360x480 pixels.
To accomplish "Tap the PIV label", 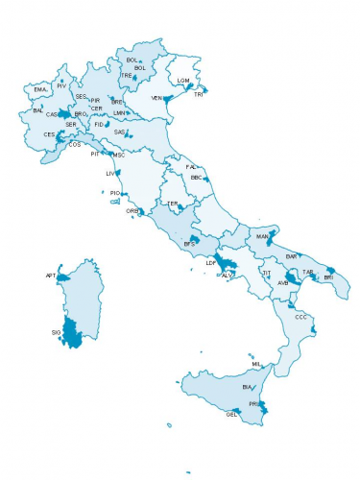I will coord(61,85).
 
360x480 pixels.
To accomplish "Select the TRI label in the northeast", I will coord(199,94).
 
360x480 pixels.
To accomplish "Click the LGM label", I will coord(183,80).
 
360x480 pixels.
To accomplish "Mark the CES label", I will coord(49,134).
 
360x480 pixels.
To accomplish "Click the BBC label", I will coord(196,178).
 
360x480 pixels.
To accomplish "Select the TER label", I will coord(173,204).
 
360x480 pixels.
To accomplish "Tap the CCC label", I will coord(300,316).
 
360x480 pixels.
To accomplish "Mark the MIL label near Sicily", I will coord(256,365).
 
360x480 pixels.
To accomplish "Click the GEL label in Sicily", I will coord(230,415).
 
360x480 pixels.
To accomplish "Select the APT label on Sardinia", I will coord(51,276).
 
